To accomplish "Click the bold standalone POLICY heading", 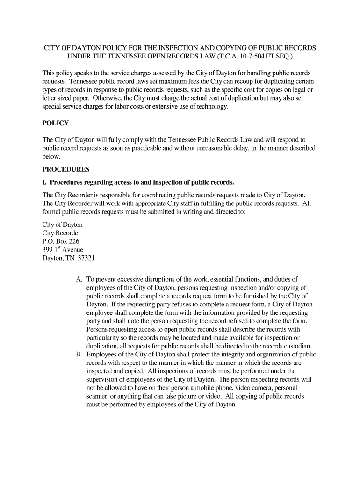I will [56, 123].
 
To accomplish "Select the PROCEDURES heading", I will [65, 169].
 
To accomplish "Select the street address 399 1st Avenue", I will [63, 250].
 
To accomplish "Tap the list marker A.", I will [79, 279].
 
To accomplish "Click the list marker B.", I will [79, 355].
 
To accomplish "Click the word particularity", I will [106, 338].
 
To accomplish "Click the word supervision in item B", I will [104, 379].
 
